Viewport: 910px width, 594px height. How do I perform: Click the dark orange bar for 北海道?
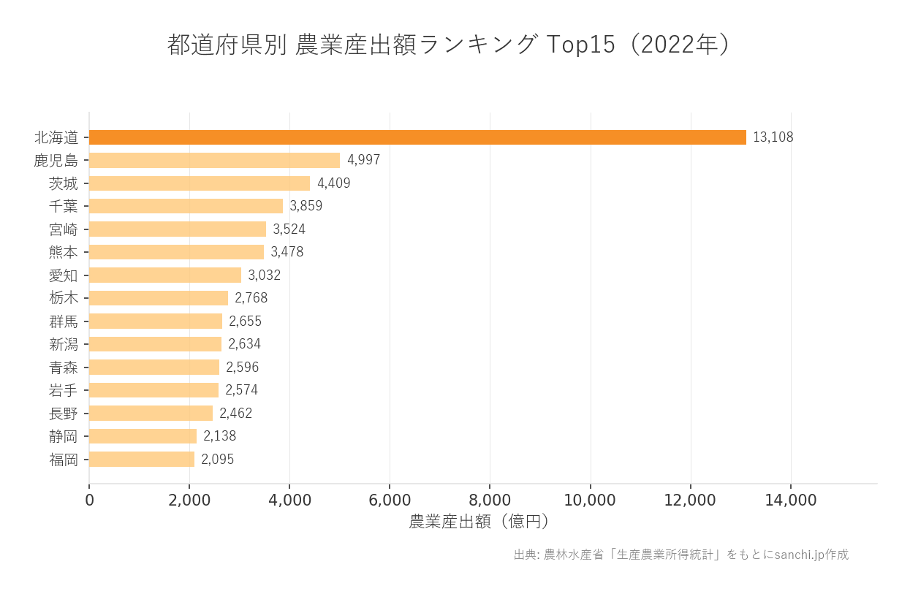click(x=417, y=137)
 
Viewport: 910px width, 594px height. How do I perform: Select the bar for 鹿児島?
click(x=214, y=160)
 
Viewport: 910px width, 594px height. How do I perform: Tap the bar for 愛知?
click(x=165, y=275)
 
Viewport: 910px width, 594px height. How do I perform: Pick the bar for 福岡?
click(x=142, y=460)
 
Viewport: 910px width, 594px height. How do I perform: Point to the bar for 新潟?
click(x=155, y=344)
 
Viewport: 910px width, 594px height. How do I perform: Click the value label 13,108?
click(x=773, y=137)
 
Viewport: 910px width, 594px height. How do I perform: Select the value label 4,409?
click(x=333, y=183)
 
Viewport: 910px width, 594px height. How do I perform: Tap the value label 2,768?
click(x=251, y=298)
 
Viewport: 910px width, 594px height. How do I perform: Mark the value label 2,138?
click(x=219, y=436)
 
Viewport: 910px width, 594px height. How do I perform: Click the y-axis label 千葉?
click(x=63, y=206)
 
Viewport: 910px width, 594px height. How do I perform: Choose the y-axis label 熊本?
click(x=63, y=252)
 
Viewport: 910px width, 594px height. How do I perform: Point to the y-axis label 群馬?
click(x=63, y=321)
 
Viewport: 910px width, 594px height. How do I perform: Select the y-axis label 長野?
click(x=63, y=414)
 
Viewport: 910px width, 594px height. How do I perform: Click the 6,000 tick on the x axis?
click(x=390, y=500)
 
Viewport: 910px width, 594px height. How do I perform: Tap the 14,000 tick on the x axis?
click(x=790, y=500)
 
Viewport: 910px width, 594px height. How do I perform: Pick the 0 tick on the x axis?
click(x=89, y=500)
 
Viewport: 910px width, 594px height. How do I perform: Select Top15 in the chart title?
click(x=581, y=45)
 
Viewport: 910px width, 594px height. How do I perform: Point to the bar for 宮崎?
click(x=178, y=229)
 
